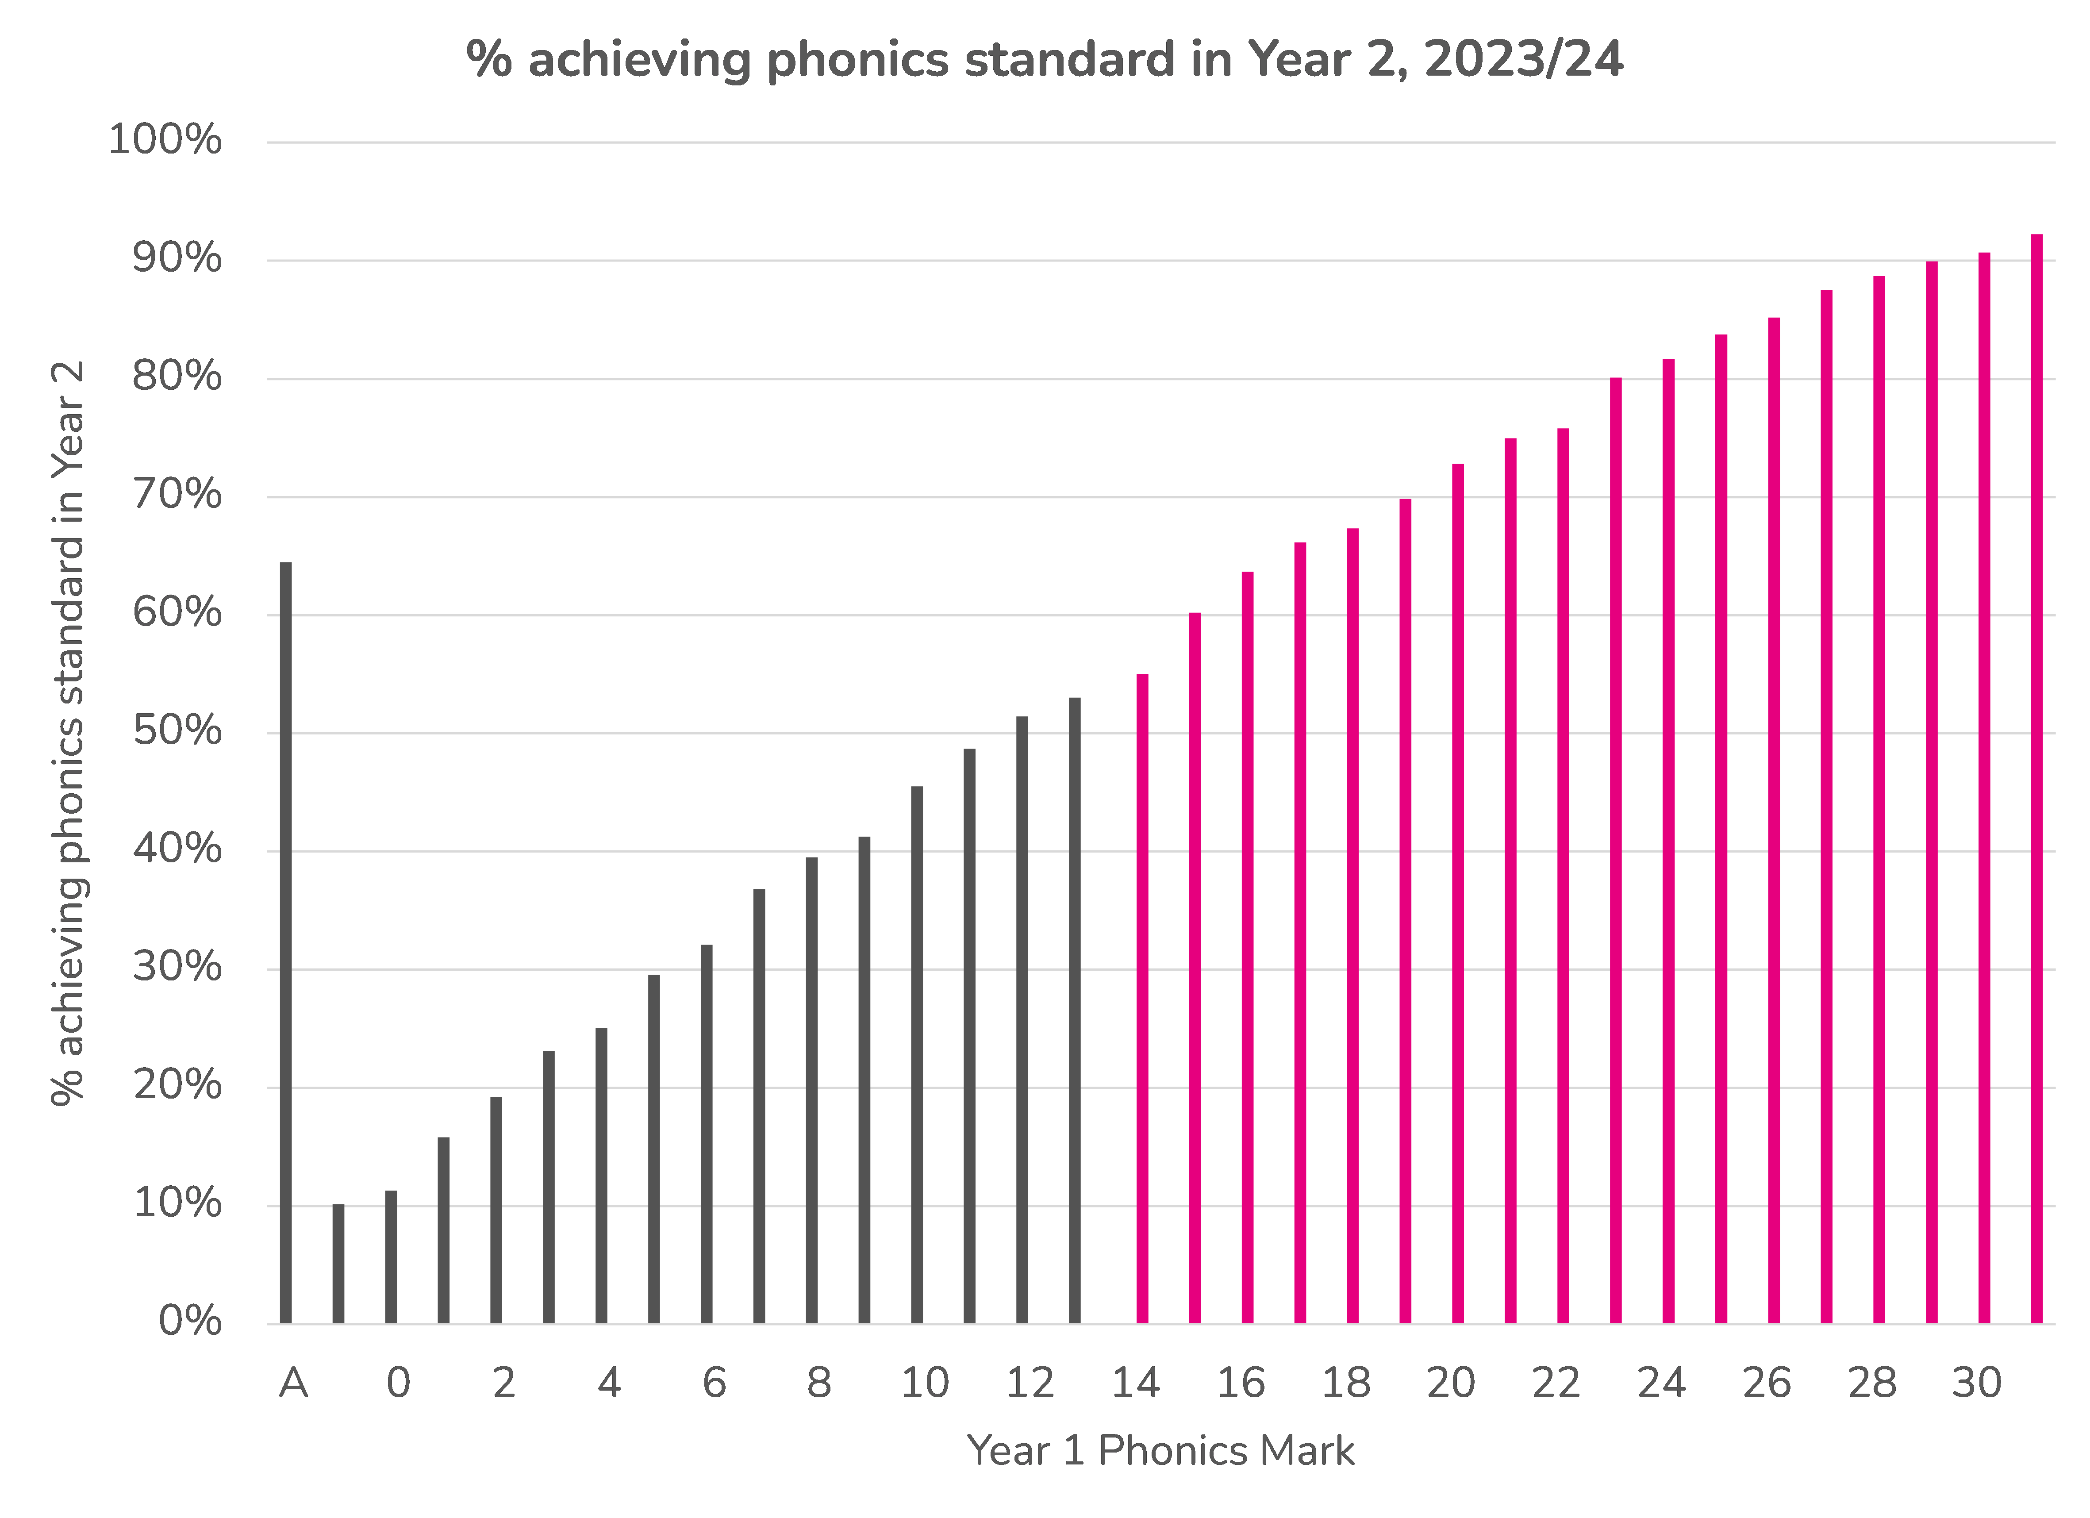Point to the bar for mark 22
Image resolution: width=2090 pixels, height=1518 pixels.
[1563, 876]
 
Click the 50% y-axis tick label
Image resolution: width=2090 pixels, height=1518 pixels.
[177, 732]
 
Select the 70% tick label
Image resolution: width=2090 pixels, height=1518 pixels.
[177, 496]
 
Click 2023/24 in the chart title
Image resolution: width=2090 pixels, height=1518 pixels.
[1522, 60]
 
